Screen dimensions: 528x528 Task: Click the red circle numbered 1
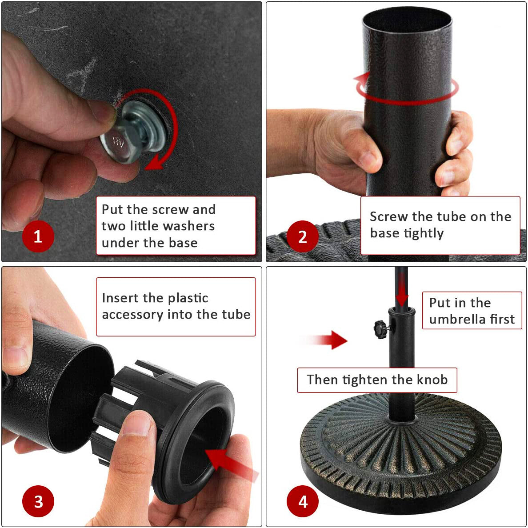[38, 236]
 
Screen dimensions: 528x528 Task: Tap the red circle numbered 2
[302, 236]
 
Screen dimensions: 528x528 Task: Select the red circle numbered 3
[38, 501]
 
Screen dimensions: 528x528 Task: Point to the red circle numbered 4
[302, 501]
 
